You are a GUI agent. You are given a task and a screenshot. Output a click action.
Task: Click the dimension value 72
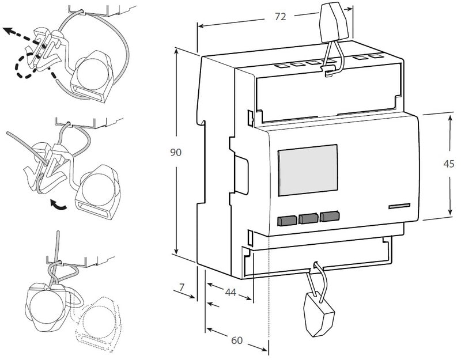pos(280,17)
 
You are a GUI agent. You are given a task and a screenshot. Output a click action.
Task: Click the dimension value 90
pos(176,153)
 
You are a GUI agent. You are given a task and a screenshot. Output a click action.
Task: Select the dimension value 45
pos(449,164)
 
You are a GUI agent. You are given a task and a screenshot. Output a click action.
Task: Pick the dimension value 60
pos(236,340)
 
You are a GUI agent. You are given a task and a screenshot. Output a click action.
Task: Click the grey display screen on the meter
pos(308,170)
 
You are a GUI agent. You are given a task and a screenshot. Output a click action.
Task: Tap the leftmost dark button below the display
pos(287,219)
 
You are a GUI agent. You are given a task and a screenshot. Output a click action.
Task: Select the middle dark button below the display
pos(308,218)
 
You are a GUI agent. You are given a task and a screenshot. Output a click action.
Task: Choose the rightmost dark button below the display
pos(329,217)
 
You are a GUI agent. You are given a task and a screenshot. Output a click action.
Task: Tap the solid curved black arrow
pos(59,205)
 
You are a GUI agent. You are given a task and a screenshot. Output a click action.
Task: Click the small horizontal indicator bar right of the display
pos(399,206)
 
